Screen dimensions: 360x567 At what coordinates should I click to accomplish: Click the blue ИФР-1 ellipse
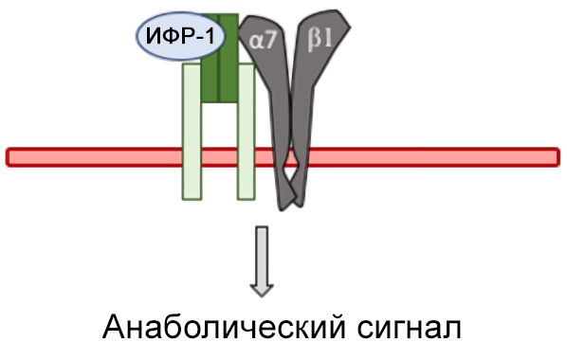click(175, 39)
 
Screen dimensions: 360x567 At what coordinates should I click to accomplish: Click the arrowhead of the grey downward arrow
click(261, 284)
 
